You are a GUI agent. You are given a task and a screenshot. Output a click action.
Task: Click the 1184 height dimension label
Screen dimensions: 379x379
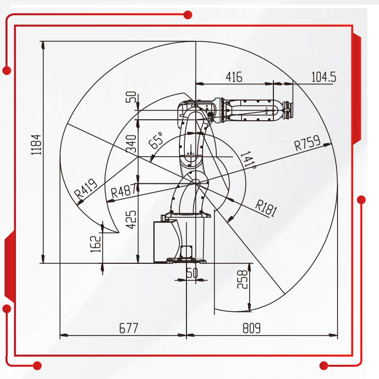(x=36, y=145)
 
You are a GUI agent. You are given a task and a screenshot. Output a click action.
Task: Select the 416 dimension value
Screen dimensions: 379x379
(x=234, y=77)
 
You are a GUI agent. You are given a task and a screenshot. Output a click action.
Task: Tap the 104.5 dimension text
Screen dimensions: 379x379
(x=324, y=77)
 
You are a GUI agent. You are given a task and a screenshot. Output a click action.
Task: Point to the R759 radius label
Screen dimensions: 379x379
(x=307, y=143)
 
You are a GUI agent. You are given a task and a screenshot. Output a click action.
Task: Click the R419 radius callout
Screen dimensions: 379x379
(x=85, y=188)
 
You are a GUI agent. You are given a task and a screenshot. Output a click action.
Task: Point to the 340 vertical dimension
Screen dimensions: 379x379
(x=131, y=144)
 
